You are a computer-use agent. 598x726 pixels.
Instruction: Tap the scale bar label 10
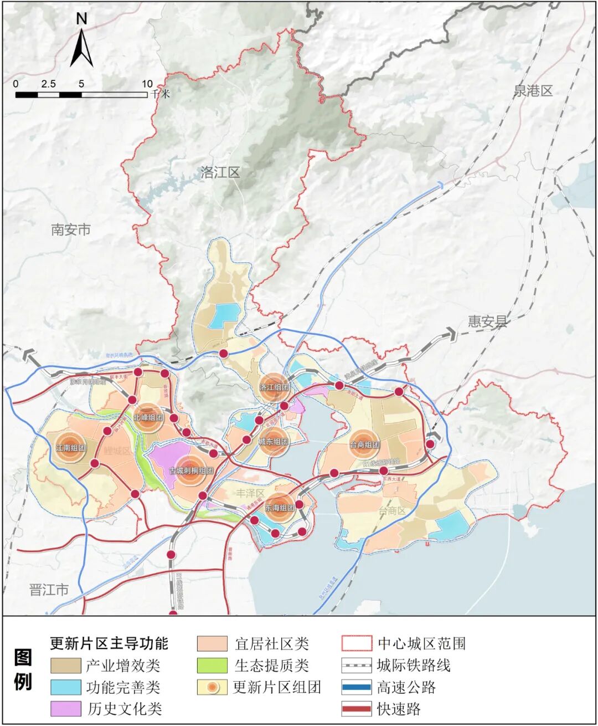pyautogui.click(x=147, y=84)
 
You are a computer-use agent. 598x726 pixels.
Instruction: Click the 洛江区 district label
pyautogui.click(x=220, y=173)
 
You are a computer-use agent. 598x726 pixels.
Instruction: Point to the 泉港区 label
pyautogui.click(x=533, y=91)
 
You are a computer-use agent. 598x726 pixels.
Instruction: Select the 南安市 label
pyautogui.click(x=70, y=229)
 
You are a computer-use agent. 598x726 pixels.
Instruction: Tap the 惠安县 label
pyautogui.click(x=487, y=321)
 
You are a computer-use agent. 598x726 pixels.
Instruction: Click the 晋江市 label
pyautogui.click(x=49, y=590)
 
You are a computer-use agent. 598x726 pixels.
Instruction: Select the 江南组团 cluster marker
pyautogui.click(x=71, y=448)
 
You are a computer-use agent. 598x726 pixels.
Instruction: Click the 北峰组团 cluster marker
pyautogui.click(x=148, y=417)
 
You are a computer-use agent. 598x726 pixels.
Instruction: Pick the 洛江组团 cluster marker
pyautogui.click(x=275, y=387)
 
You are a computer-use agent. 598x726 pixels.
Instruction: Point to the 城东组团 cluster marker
pyautogui.click(x=274, y=442)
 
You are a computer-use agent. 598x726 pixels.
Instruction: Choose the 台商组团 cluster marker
pyautogui.click(x=364, y=444)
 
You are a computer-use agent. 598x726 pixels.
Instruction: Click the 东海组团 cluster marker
pyautogui.click(x=280, y=508)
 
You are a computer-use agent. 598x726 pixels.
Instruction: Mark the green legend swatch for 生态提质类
pyautogui.click(x=212, y=665)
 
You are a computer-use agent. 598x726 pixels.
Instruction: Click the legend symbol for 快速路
pyautogui.click(x=356, y=709)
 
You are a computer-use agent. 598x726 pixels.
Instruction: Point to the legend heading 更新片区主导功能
pyautogui.click(x=109, y=643)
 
